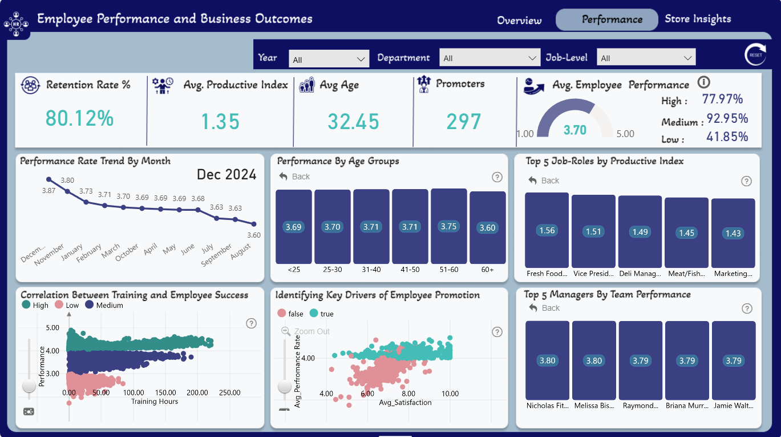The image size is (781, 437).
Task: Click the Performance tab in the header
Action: pos(606,19)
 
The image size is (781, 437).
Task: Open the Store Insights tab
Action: pos(698,19)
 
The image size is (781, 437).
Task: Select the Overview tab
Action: pos(519,20)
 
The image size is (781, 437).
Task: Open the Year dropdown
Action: pos(329,59)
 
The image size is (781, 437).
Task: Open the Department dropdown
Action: pos(489,58)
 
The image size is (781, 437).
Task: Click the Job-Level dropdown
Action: pos(646,57)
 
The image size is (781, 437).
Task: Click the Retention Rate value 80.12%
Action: pos(79,118)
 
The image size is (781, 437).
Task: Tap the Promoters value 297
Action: pos(464,122)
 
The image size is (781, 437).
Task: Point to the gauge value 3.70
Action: pos(575,130)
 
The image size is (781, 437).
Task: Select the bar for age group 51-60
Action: pos(449,226)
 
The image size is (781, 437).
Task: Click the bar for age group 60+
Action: pos(487,227)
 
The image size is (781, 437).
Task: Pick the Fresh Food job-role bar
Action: pos(547,230)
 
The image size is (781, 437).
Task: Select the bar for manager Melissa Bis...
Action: pos(594,360)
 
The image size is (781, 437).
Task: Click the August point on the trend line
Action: pos(254,224)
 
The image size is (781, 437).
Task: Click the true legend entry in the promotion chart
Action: pos(321,314)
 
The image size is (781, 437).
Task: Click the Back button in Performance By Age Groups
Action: pos(294,177)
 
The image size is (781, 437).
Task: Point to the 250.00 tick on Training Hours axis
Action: pos(229,392)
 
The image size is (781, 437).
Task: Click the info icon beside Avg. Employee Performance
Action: pos(703,82)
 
